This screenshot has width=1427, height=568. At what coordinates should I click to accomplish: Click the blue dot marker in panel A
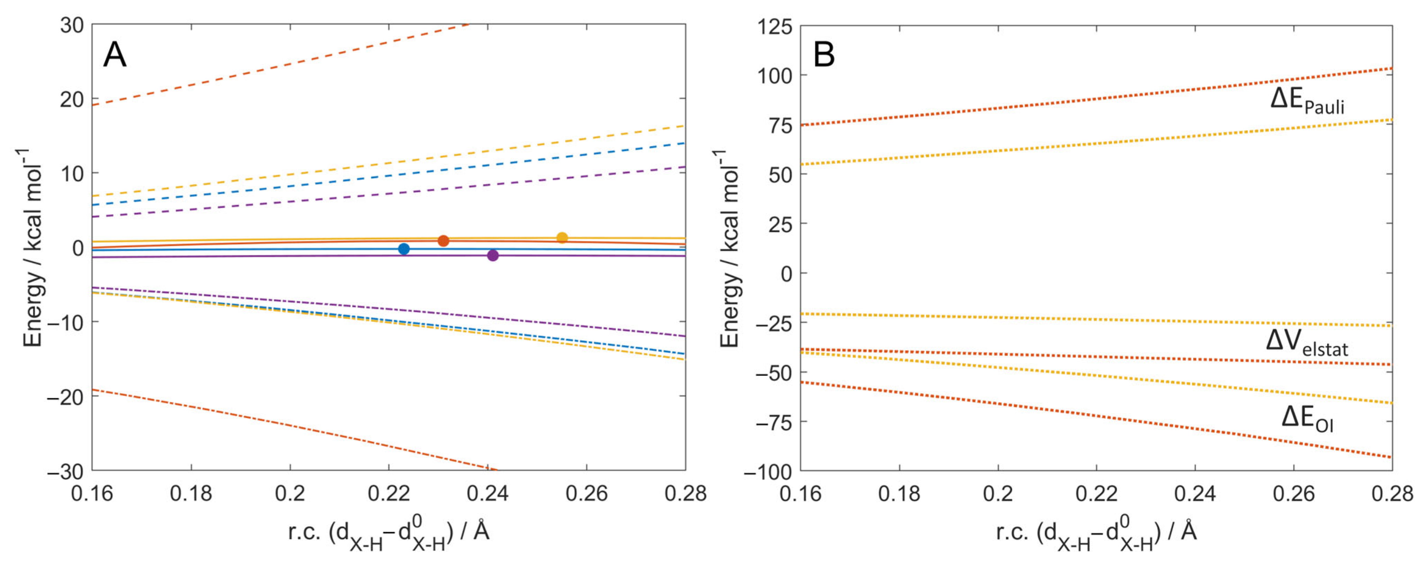coord(404,249)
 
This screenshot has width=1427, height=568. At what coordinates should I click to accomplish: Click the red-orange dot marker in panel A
coord(443,241)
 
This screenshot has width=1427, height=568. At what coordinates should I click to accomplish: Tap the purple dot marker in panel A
coord(493,255)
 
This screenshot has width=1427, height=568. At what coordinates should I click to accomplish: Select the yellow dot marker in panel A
coord(562,238)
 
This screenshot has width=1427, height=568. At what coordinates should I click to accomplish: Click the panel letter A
coord(115,55)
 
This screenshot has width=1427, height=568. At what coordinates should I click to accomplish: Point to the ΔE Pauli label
coord(1307,101)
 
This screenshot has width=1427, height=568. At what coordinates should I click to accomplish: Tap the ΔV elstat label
coord(1307,342)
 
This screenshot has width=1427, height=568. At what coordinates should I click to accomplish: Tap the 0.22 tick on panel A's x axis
coord(389,493)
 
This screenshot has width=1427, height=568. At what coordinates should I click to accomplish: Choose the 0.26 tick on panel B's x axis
coord(1293,493)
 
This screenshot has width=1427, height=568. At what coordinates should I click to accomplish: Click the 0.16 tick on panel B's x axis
coord(801,493)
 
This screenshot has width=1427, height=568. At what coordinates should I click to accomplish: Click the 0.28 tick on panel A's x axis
coord(685,493)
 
